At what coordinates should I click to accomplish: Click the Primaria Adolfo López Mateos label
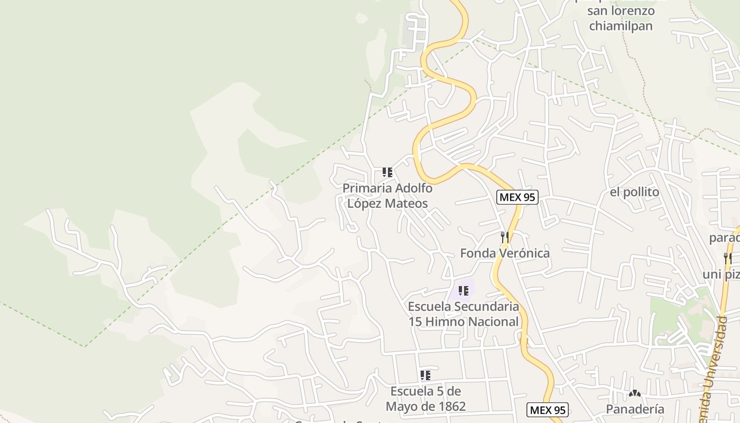(387, 196)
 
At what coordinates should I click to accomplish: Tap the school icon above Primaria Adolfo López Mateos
(387, 172)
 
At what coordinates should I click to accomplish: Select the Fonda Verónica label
(505, 253)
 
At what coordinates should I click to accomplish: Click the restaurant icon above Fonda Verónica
(505, 237)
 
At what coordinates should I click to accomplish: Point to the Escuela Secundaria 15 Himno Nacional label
(464, 314)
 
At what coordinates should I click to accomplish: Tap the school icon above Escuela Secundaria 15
(464, 291)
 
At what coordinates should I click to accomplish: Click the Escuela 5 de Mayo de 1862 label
(425, 399)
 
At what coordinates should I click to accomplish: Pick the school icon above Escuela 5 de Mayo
(425, 375)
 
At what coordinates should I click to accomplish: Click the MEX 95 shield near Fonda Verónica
(517, 198)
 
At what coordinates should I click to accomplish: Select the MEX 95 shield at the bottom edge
(548, 410)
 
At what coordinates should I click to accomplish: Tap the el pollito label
(634, 192)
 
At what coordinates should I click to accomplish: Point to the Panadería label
(635, 409)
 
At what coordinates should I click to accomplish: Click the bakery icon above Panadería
(635, 393)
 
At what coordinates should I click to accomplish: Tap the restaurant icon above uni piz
(728, 259)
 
